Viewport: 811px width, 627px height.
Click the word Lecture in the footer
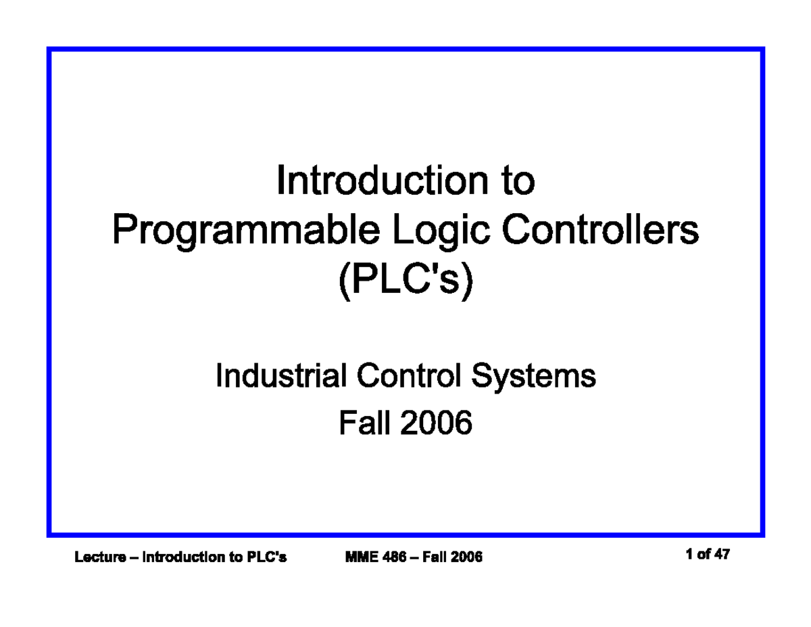point(100,557)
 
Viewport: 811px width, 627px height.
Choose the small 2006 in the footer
point(468,557)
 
